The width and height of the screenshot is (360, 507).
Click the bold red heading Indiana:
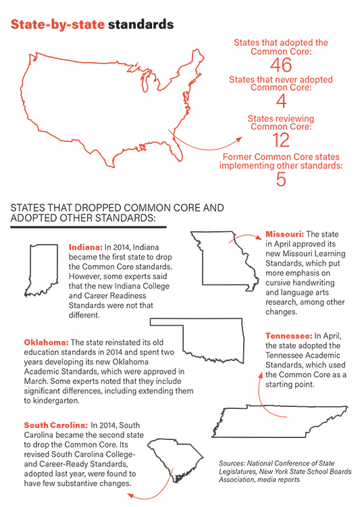(85, 248)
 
